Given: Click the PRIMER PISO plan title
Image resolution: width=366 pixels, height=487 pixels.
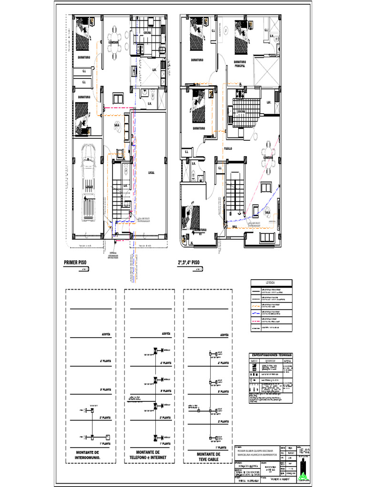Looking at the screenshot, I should (77, 262).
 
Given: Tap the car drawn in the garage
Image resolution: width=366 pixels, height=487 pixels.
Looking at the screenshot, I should (88, 183).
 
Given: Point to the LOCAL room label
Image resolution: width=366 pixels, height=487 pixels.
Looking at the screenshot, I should (151, 173).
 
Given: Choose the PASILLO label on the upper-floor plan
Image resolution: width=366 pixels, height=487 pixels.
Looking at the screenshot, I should (228, 148).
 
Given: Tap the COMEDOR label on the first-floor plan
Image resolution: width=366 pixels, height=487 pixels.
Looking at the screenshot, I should (113, 42).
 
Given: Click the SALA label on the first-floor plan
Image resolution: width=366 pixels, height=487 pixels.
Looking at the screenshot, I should (117, 125).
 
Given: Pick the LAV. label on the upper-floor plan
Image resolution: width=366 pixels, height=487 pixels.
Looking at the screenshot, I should (268, 102).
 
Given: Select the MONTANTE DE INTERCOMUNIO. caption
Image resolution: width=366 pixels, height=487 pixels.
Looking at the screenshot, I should (87, 455).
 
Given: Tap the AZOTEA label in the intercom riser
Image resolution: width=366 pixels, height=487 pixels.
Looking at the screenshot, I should (105, 335).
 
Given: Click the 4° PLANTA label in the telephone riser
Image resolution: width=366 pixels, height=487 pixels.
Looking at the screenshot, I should (165, 363).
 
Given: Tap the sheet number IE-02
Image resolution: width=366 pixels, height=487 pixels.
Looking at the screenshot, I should (304, 450).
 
